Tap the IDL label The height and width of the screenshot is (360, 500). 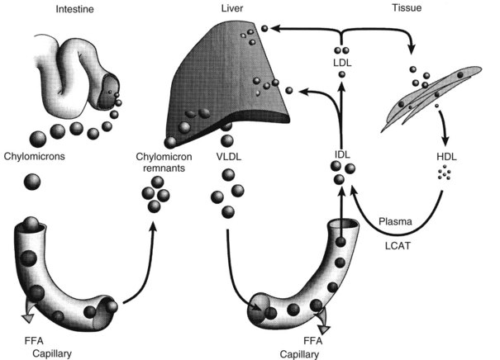[340, 154]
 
